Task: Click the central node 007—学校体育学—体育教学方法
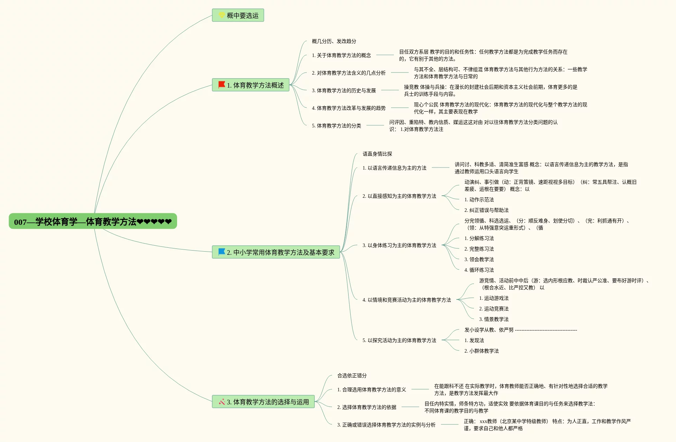93,221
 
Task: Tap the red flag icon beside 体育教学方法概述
222,85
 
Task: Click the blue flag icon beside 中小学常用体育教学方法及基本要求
222,252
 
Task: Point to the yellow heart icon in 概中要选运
222,15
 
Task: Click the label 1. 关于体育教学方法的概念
341,55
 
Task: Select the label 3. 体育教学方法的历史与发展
344,90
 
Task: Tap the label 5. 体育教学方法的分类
336,126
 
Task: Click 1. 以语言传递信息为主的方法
394,168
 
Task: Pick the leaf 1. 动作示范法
479,200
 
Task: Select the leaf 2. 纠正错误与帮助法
486,210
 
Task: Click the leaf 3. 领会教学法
479,259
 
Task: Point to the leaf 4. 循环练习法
479,270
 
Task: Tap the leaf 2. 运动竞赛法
494,309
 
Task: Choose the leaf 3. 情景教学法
494,319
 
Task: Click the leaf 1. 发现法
474,340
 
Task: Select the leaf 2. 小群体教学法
481,351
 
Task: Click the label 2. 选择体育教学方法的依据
366,407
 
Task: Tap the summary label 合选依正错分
352,375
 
